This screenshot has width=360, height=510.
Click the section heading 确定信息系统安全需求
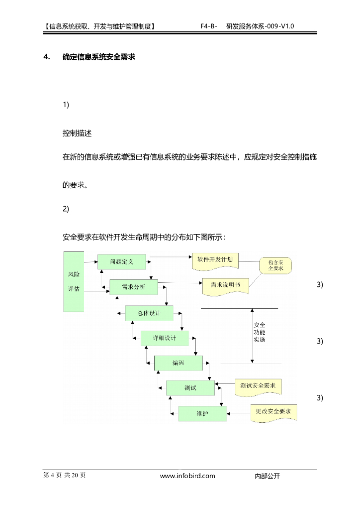pyautogui.click(x=99, y=57)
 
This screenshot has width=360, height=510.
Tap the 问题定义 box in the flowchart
pyautogui.click(x=121, y=261)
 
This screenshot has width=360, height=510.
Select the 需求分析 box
pyautogui.click(x=133, y=287)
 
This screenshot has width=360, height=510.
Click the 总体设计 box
pyautogui.click(x=149, y=313)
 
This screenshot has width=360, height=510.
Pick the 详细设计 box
pyautogui.click(x=165, y=339)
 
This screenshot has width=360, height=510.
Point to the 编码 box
pyautogui.click(x=179, y=363)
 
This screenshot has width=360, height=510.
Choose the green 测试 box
pyautogui.click(x=190, y=387)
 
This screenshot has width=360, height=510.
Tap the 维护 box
pyautogui.click(x=202, y=413)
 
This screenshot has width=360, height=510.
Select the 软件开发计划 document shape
pyautogui.click(x=215, y=260)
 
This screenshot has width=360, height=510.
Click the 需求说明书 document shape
pyautogui.click(x=225, y=285)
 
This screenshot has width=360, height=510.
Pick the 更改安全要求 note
pyautogui.click(x=273, y=411)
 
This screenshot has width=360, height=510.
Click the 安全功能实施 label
pyautogui.click(x=259, y=332)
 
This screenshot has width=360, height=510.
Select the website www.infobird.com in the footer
pyautogui.click(x=187, y=476)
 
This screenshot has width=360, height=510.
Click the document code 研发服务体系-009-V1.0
pyautogui.click(x=260, y=25)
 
